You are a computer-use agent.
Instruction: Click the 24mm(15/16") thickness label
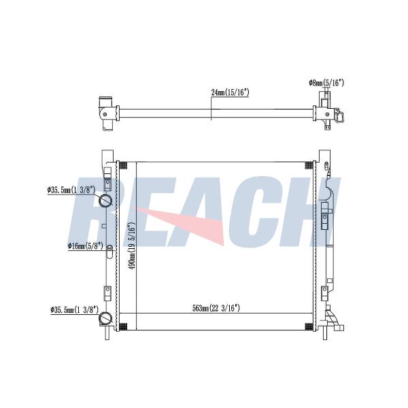(230, 92)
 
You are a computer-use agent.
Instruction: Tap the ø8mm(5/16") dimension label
(326, 83)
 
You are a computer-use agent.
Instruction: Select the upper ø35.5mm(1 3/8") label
(71, 190)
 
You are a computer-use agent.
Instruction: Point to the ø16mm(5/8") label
(86, 246)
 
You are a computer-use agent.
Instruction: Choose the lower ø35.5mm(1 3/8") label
(75, 309)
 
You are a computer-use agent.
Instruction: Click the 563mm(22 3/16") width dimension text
(216, 308)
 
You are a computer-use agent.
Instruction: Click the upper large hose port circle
(105, 201)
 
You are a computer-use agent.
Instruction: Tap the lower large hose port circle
(105, 318)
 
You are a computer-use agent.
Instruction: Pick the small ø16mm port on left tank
(109, 247)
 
